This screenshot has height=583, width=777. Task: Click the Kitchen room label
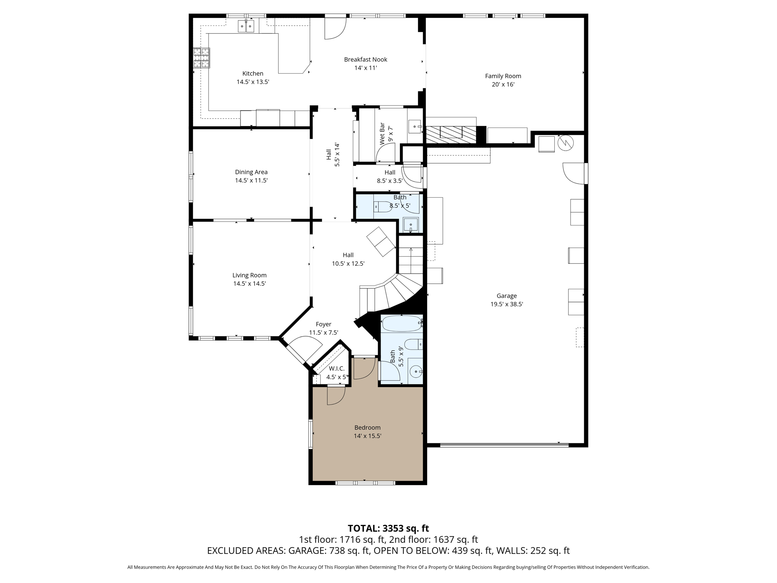tap(253, 74)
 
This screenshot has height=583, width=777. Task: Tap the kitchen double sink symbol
tap(246, 26)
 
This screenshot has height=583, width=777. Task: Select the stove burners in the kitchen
tap(201, 58)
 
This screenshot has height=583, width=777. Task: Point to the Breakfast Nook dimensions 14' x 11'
tap(365, 68)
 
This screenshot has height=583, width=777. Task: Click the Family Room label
tap(503, 76)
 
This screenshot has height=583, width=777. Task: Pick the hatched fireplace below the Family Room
tap(451, 135)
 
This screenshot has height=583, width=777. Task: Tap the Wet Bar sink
tap(415, 126)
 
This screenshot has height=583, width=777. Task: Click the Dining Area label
tap(251, 172)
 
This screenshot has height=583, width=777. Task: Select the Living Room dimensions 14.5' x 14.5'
tap(249, 284)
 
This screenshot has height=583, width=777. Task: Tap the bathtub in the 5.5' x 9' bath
tap(402, 324)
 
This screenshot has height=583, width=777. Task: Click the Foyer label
tap(323, 324)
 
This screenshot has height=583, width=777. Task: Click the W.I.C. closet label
tap(337, 369)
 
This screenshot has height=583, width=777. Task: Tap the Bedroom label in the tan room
tap(367, 427)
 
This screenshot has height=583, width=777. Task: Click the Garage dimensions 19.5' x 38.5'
tap(506, 304)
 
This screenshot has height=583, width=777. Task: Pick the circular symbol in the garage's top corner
tap(565, 143)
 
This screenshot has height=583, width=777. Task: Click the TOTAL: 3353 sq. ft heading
tap(388, 528)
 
